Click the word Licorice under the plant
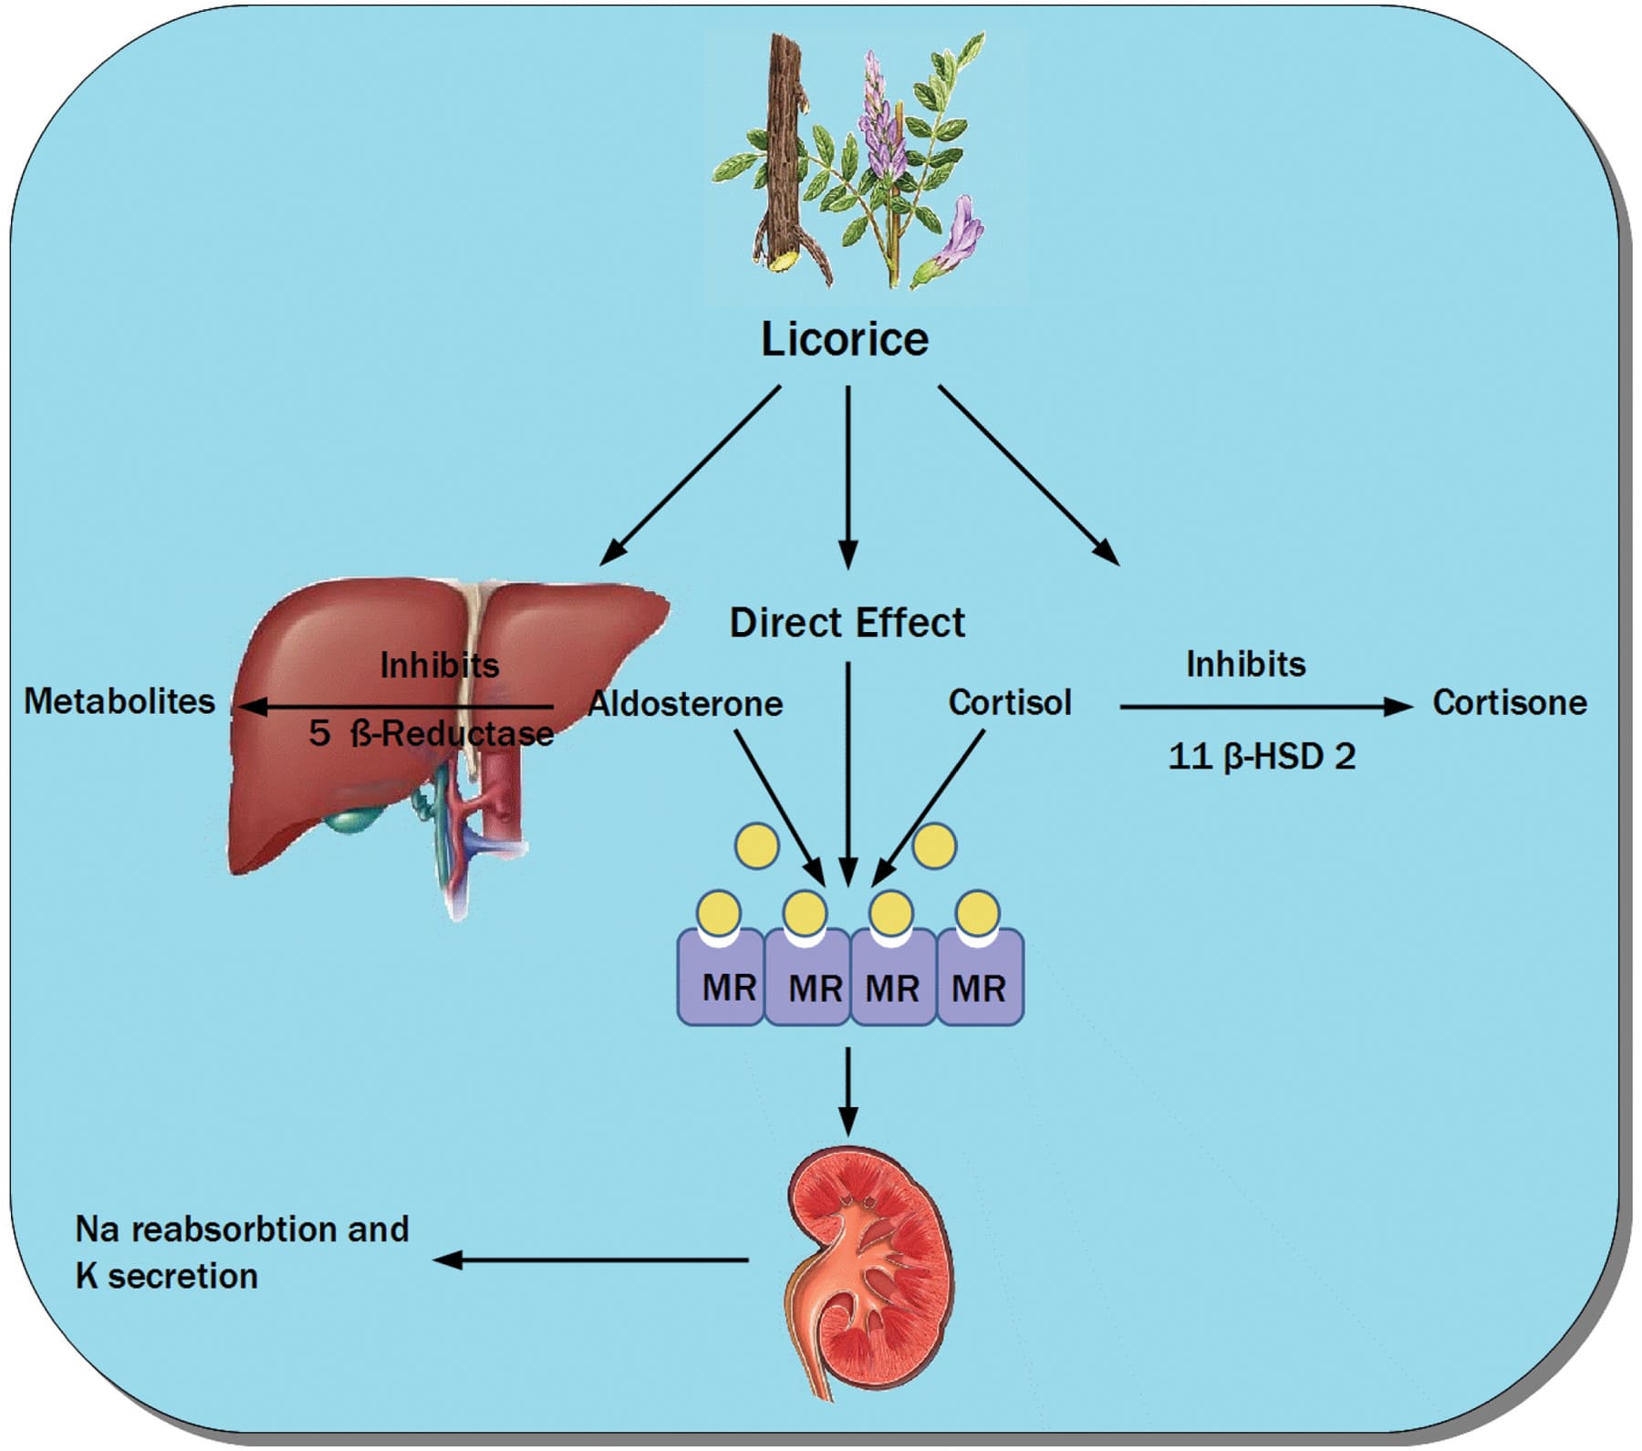coord(845,339)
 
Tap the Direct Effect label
coord(847,623)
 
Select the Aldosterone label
coord(686,703)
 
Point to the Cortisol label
coord(1010,702)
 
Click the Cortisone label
coord(1510,702)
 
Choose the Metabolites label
coord(120,700)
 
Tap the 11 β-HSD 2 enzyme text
coord(1262,756)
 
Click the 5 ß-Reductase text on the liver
coord(431,733)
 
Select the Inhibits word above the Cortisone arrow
coord(1245,664)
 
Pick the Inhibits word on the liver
coord(439,665)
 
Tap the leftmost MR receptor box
coord(721,977)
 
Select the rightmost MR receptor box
coord(980,977)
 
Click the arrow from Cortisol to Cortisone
coord(1266,706)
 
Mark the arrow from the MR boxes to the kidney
coord(848,1090)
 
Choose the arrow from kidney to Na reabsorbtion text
coord(590,1260)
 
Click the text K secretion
coord(166,1276)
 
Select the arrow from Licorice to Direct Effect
coord(848,477)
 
